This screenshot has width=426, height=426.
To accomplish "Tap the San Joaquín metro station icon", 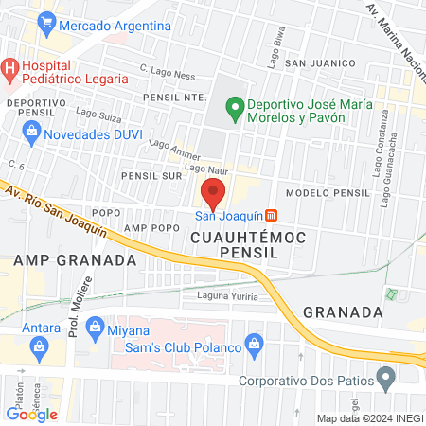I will click(273, 216).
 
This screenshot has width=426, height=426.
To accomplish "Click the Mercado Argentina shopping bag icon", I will click(44, 24).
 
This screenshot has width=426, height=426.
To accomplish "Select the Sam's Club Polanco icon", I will click(253, 342).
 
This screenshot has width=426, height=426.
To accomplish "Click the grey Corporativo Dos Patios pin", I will click(384, 382).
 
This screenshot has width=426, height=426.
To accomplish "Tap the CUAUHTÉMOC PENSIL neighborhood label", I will click(249, 245).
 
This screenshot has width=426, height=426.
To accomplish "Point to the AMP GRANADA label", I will click(62, 260).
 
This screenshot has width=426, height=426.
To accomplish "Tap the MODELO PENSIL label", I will click(327, 193).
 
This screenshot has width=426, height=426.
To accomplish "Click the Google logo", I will click(31, 414).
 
